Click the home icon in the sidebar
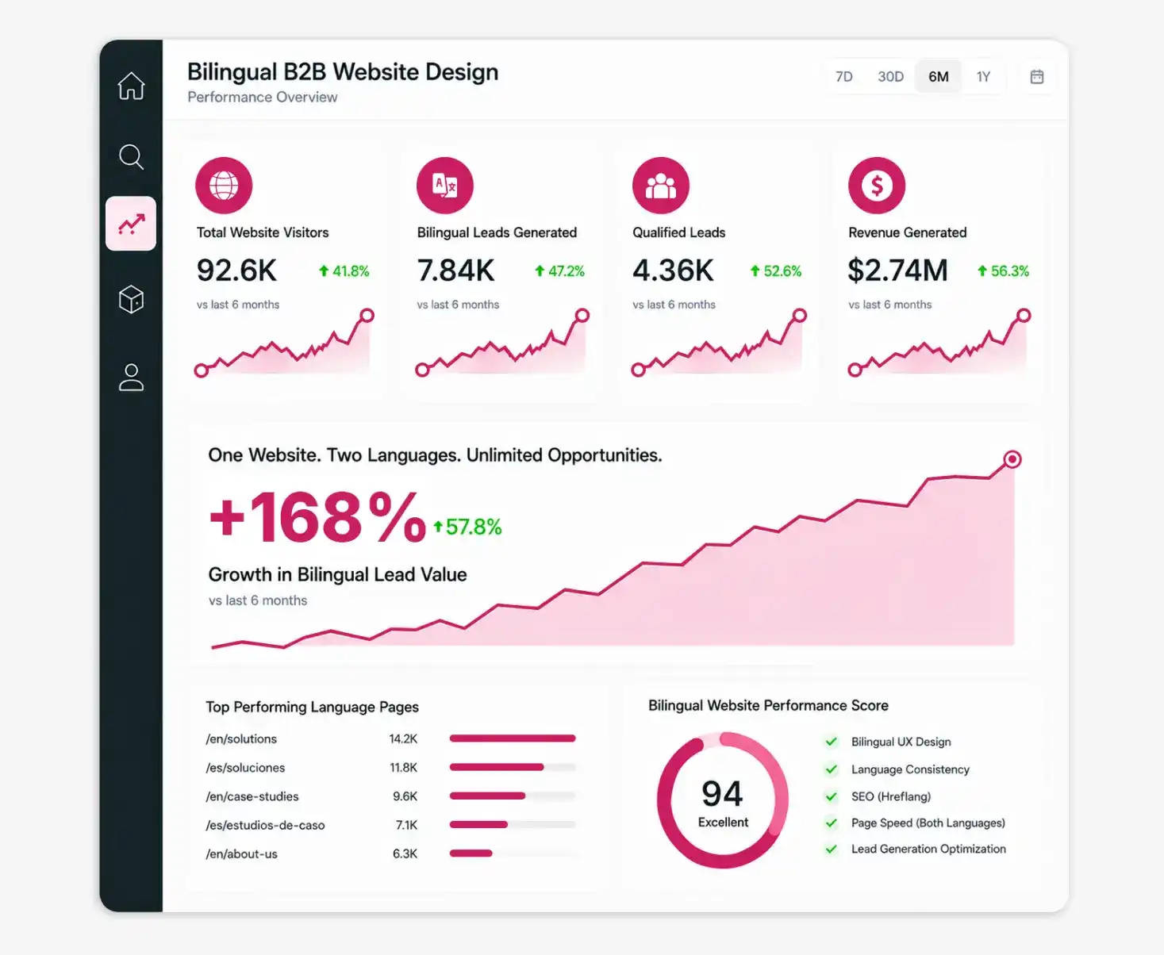[132, 86]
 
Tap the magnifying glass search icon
[132, 157]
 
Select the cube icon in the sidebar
[132, 299]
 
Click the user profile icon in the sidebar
[132, 378]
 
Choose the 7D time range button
[844, 77]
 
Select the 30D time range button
[890, 77]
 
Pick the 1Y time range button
[983, 77]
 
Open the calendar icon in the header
[1037, 77]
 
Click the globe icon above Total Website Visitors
[224, 185]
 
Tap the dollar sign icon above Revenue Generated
[877, 185]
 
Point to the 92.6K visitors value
[236, 270]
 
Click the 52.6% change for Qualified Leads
[775, 271]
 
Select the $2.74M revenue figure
[897, 270]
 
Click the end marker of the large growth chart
[1012, 459]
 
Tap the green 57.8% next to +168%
[467, 527]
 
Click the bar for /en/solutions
[513, 738]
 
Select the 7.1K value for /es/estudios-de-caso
[406, 825]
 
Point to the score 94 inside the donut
[723, 793]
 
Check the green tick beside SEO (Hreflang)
[832, 796]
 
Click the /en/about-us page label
[241, 854]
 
